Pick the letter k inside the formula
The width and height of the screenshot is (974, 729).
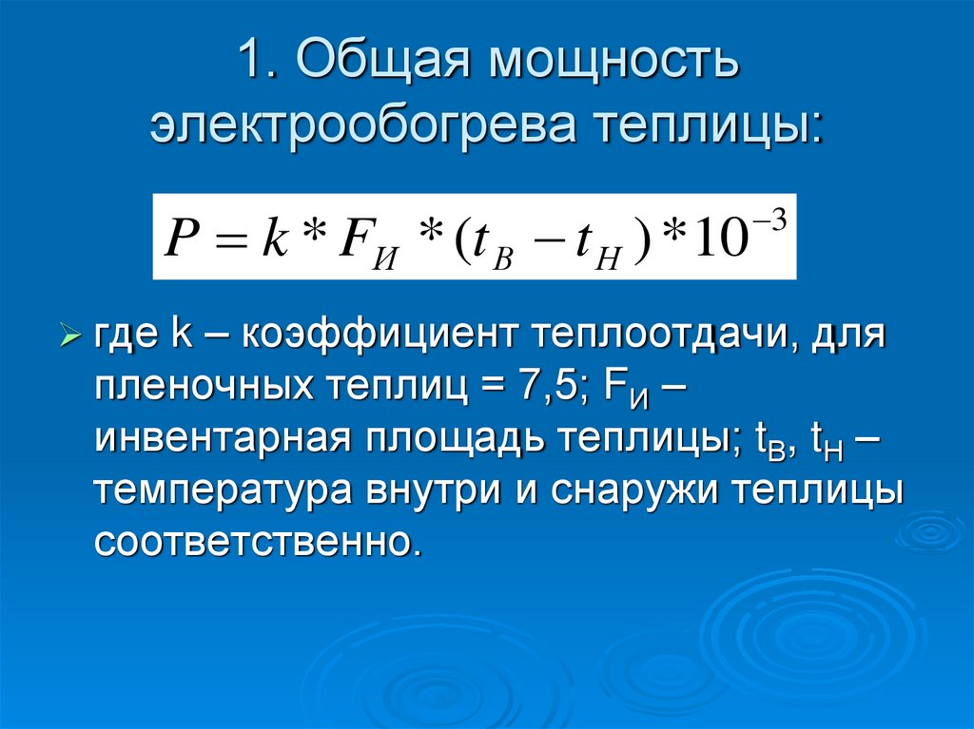[273, 238]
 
